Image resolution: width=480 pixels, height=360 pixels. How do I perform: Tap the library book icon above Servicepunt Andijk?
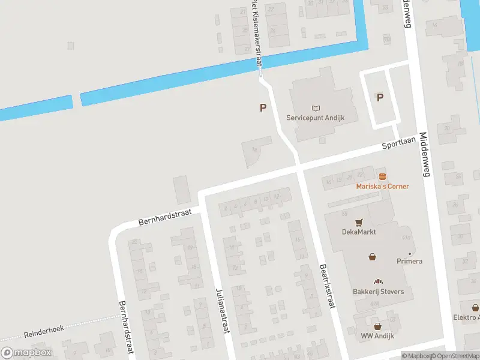316,108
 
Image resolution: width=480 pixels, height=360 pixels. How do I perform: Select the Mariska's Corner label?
383,186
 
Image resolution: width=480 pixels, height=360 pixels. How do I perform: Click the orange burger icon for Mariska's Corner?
382,176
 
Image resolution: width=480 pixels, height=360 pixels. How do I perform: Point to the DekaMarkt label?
359,232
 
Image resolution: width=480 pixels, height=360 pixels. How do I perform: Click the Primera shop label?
409,261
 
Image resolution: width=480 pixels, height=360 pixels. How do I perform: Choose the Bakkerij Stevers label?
378,292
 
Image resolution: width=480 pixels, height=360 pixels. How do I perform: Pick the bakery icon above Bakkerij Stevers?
378,282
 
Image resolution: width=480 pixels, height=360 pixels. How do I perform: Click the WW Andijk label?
377,336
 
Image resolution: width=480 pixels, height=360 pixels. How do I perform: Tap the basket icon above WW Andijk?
377,326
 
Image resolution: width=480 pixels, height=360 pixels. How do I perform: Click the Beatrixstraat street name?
326,286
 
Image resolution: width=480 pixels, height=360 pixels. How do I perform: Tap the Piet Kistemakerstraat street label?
257,35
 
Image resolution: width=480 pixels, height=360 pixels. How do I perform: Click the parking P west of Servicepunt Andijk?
262,107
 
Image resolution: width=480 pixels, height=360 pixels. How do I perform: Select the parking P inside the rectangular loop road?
379,97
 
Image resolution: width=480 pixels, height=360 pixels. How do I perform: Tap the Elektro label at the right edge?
466,317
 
